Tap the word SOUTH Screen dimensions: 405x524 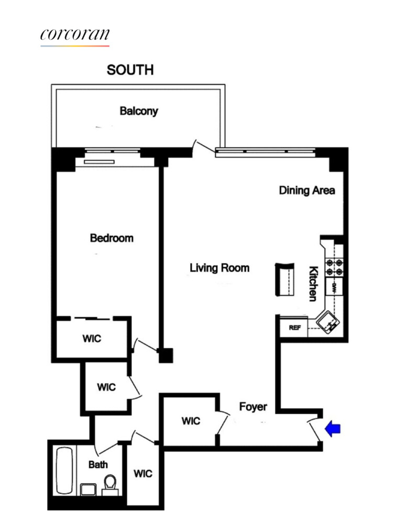pos(130,70)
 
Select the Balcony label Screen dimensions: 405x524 pos(139,111)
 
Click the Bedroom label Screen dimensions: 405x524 pos(112,238)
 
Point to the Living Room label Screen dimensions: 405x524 pos(220,268)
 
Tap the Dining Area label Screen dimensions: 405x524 pos(307,190)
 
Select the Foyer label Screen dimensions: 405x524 pos(253,407)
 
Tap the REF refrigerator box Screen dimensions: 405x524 pos(294,327)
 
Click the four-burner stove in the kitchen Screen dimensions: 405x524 pos(334,267)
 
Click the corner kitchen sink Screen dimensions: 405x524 pos(329,322)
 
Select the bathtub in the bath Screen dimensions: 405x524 pos(64,470)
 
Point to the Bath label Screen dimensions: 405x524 pos(98,464)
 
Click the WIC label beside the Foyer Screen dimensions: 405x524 pos(191,421)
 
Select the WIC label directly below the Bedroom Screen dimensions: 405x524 pos(92,339)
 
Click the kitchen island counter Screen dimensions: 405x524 pos(284,279)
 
